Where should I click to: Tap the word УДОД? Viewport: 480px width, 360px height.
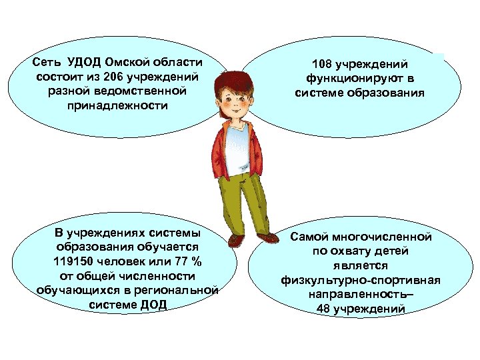[x=81, y=63]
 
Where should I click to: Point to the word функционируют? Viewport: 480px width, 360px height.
[x=353, y=79]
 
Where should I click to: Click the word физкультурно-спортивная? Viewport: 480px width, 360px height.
[x=360, y=280]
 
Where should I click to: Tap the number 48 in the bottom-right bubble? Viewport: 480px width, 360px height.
[x=323, y=309]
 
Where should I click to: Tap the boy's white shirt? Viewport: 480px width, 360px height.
[x=235, y=150]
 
